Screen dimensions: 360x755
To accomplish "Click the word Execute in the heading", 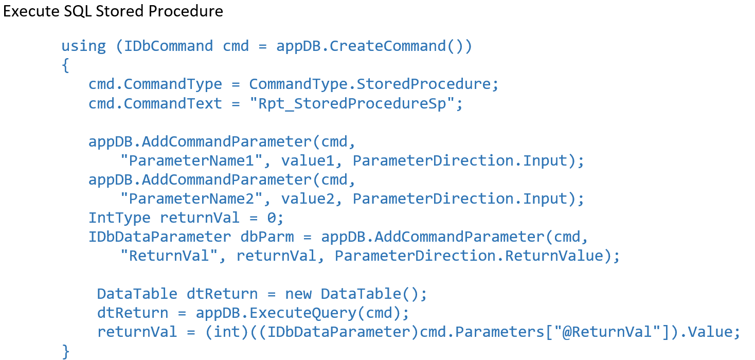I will [x=31, y=11].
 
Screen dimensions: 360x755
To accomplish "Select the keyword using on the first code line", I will [x=83, y=46].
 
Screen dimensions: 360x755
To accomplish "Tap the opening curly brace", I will [x=65, y=66].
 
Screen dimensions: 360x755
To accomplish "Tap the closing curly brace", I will [x=65, y=351].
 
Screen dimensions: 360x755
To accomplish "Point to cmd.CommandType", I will [x=155, y=84].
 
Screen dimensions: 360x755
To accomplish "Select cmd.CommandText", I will [x=155, y=103].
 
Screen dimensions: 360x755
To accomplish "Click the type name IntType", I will [x=119, y=218].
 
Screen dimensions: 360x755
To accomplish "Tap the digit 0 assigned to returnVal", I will [x=272, y=218].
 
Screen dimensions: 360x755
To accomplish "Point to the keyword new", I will [x=298, y=294].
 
